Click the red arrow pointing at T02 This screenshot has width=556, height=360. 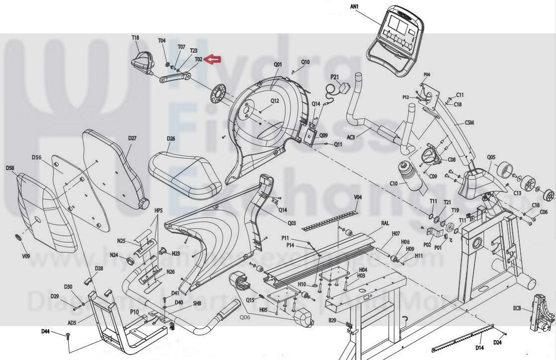[213, 60]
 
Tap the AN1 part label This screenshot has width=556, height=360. [354, 6]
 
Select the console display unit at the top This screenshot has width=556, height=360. [397, 40]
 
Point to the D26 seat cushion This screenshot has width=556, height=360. [185, 172]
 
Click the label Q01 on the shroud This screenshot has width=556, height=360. [278, 65]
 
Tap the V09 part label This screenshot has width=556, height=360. [26, 256]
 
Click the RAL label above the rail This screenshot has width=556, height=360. [385, 224]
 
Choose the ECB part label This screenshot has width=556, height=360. [517, 309]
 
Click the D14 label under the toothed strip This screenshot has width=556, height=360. [479, 348]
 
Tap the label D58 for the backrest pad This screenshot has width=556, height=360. [10, 168]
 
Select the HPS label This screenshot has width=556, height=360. [158, 211]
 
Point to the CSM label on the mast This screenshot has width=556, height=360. [469, 122]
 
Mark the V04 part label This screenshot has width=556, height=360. [358, 198]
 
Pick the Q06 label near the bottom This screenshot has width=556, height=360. [245, 317]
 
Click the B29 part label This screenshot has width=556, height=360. [333, 320]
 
